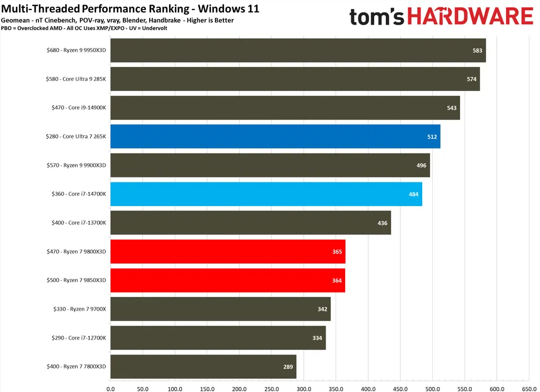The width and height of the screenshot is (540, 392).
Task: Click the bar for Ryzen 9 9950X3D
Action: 298,50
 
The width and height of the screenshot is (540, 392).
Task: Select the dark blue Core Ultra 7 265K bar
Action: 275,136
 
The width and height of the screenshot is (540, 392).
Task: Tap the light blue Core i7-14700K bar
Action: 266,194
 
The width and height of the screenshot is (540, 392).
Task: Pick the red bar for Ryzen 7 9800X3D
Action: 227,251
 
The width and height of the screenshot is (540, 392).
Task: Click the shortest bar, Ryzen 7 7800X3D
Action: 203,366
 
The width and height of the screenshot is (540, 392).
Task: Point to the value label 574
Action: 471,79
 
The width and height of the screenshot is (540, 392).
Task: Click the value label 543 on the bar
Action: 452,108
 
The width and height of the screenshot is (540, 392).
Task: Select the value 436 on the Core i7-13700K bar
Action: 383,223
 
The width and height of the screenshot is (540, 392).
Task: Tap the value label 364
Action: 337,280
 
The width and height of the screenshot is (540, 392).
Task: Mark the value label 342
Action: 322,309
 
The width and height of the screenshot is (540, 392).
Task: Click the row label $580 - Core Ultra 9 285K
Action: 75,79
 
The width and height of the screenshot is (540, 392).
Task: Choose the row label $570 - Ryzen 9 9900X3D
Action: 76,165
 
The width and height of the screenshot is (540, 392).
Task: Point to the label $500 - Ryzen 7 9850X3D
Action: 76,280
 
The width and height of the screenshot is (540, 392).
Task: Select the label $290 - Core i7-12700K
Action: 76,338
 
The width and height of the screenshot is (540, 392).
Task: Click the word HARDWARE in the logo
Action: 480,17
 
